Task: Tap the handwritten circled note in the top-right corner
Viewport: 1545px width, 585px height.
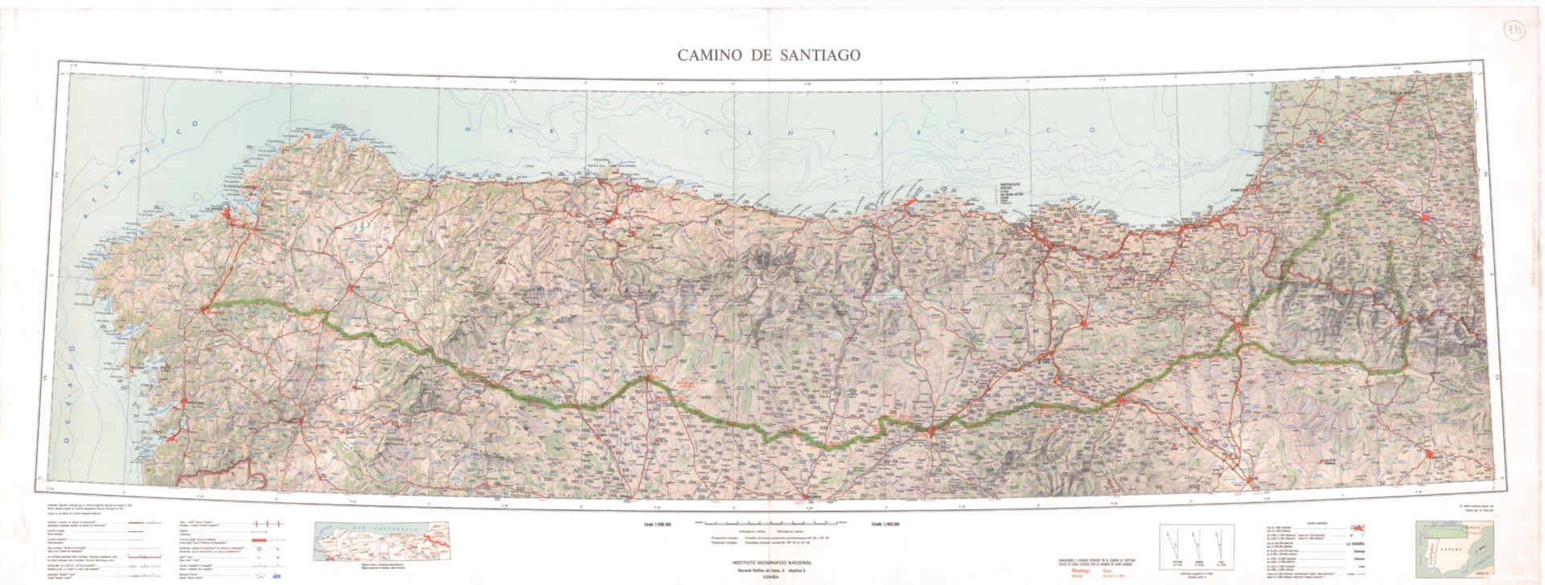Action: (1515, 31)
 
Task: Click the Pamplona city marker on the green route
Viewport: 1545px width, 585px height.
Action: (1242, 325)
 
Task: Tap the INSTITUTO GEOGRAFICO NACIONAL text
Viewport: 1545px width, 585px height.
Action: (772, 563)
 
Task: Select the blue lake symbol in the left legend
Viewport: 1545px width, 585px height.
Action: (277, 577)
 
